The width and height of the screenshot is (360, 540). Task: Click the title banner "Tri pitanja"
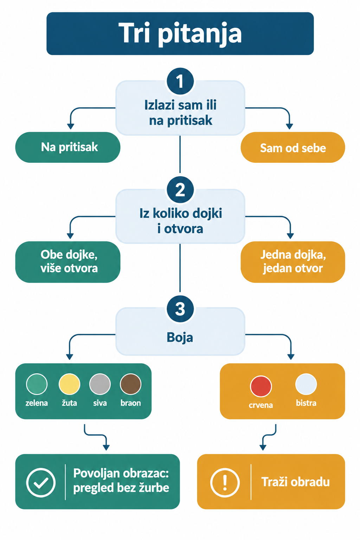pos(180,33)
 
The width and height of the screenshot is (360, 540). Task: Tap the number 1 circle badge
pos(180,81)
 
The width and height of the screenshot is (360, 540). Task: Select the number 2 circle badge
pos(180,190)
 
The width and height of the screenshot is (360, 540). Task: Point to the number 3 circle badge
pos(180,309)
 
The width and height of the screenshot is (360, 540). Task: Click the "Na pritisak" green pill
pos(68,147)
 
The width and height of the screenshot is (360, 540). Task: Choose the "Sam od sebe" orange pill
pos(293,147)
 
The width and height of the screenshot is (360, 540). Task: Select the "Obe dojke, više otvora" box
pos(68,262)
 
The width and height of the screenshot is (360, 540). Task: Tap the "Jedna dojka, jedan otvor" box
pos(293,262)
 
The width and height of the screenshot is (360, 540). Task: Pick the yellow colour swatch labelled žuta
pos(70,384)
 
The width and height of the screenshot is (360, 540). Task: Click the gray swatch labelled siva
pos(100,384)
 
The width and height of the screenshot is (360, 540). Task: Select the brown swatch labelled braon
pos(130,384)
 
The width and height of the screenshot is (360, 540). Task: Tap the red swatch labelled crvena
pos(261,386)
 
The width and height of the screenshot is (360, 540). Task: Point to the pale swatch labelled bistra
pos(306,384)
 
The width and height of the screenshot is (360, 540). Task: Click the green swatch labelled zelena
pos(37,384)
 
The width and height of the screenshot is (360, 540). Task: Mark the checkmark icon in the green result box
pos(41,482)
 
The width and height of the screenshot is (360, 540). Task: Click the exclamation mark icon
pos(225,482)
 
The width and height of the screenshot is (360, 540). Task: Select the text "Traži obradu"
pos(295,482)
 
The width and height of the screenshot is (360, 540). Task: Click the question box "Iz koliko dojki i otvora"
pos(180,217)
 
